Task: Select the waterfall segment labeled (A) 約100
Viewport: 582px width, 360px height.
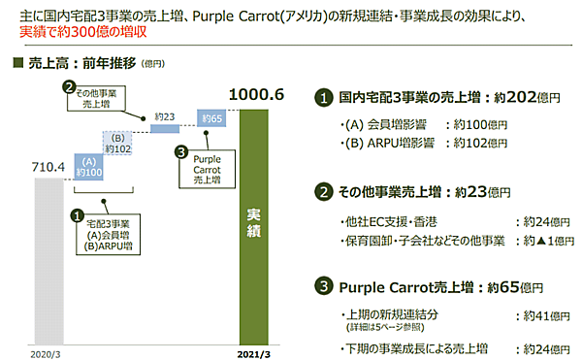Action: pyautogui.click(x=87, y=167)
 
